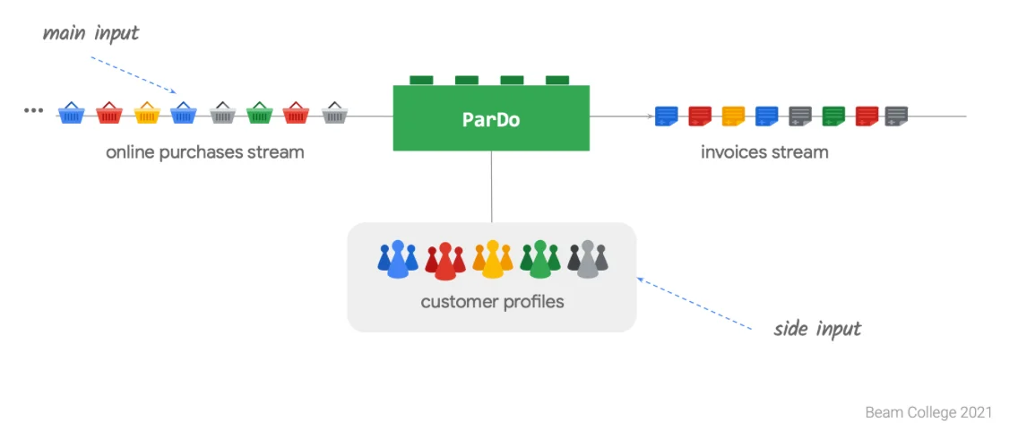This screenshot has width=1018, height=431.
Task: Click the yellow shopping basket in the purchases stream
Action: click(146, 113)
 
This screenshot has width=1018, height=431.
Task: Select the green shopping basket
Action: click(259, 113)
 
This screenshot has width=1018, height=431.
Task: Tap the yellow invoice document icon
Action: click(734, 116)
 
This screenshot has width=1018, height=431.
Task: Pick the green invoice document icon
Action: click(834, 116)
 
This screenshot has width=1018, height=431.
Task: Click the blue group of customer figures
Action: click(398, 259)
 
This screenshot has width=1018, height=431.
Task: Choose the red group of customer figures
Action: click(444, 261)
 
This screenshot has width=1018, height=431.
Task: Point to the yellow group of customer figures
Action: click(492, 260)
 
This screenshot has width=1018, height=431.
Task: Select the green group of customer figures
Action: click(539, 260)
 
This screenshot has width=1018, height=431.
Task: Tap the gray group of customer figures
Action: click(588, 259)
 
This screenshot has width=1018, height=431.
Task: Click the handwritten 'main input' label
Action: click(91, 34)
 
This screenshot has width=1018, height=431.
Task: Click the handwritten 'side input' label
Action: click(817, 329)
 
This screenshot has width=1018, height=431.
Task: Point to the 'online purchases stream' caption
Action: click(205, 152)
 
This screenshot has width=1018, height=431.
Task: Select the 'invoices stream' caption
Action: click(764, 152)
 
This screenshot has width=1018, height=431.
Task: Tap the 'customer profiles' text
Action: click(492, 302)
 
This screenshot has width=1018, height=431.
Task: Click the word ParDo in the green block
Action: click(491, 119)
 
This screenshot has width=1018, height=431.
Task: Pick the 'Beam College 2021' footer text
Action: click(928, 413)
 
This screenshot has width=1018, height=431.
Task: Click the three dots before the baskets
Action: click(33, 110)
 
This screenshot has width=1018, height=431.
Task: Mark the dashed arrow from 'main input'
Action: click(134, 75)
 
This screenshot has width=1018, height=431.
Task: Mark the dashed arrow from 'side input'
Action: click(694, 304)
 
